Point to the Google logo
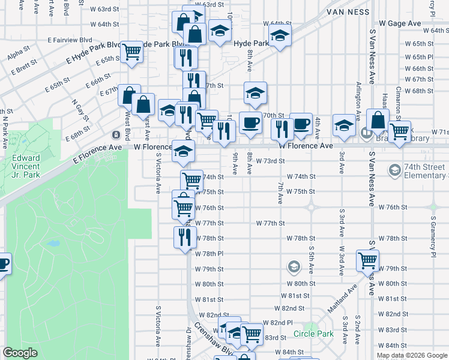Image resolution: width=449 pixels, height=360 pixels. [20, 353]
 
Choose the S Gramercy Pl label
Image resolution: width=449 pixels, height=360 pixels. [432, 230]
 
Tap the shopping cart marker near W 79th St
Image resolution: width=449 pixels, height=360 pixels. [367, 260]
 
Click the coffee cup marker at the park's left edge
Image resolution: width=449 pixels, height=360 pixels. [3, 263]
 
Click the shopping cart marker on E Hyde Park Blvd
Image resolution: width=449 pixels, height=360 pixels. [131, 52]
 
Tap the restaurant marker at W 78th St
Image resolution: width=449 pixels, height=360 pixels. [185, 236]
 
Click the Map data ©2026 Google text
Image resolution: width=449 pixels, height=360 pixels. [412, 355]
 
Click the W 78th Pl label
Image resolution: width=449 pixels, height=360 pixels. [209, 254]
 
